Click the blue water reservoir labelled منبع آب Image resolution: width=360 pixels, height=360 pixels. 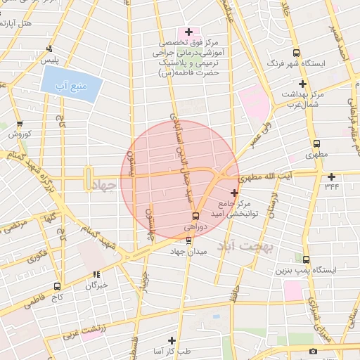pyautogui.click(x=72, y=84)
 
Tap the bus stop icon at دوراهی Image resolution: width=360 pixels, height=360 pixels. pyautogui.click(x=195, y=215)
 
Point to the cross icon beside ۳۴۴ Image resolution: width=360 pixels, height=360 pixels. pyautogui.click(x=331, y=176)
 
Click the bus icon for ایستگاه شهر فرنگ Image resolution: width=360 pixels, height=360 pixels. pyautogui.click(x=296, y=53)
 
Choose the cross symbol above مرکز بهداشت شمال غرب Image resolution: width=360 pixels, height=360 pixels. pyautogui.click(x=302, y=84)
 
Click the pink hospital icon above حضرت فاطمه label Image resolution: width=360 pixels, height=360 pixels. pyautogui.click(x=188, y=32)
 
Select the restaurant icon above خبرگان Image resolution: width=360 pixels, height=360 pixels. pyautogui.click(x=96, y=275)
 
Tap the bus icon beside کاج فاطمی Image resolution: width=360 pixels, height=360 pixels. pyautogui.click(x=57, y=286)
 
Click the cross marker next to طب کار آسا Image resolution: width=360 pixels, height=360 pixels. pyautogui.click(x=171, y=340)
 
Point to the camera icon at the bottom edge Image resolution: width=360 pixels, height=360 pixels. pyautogui.click(x=313, y=350)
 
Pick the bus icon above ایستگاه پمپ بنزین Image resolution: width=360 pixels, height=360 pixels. pyautogui.click(x=305, y=259)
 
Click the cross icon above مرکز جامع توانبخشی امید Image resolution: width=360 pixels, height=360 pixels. pyautogui.click(x=234, y=192)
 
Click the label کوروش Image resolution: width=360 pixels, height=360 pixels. pyautogui.click(x=18, y=133)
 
